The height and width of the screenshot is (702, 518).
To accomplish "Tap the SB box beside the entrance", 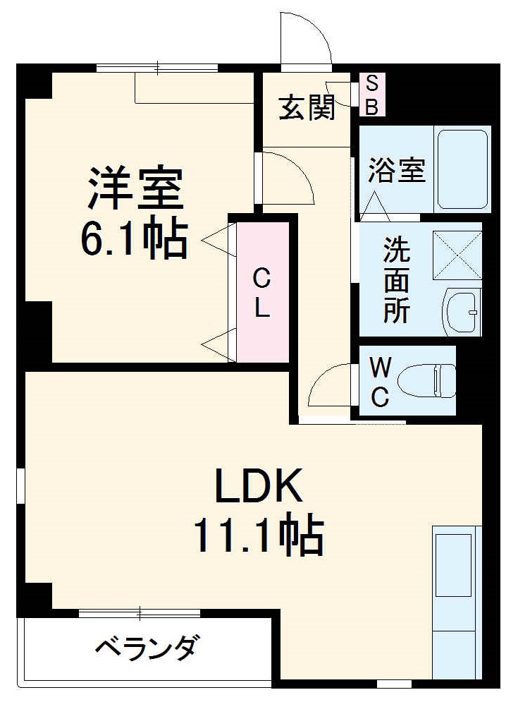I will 372,95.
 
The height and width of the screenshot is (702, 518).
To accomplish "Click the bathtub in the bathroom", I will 462,169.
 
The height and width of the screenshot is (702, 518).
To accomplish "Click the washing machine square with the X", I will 457,255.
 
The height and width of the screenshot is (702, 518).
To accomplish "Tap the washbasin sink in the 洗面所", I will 462,310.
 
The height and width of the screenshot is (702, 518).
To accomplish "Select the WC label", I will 380,382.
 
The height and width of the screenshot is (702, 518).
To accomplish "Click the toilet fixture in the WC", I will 426,381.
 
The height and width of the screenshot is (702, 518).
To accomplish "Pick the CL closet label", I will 262,293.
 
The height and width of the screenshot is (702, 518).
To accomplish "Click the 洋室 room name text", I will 135,188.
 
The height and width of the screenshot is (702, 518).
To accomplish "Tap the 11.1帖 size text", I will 259,537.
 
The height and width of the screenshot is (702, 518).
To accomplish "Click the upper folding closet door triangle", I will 218,240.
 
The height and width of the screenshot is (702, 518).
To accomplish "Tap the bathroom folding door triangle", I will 374,204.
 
